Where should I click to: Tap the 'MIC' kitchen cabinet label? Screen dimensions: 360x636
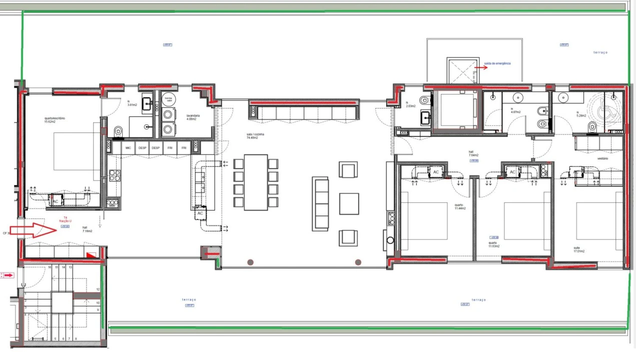point(129,148)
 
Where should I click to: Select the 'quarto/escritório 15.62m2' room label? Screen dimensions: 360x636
point(55,120)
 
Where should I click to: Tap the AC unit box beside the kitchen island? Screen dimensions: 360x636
point(200,213)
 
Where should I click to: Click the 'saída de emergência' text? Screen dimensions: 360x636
point(497,63)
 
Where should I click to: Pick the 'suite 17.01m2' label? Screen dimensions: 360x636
point(579,249)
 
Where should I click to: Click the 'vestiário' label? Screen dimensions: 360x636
point(602,158)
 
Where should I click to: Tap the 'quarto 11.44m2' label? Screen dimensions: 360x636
point(459,206)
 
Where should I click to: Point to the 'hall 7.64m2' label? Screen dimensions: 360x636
point(473,153)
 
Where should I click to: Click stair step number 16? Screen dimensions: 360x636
point(50,267)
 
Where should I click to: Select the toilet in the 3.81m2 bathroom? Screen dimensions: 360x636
point(118,131)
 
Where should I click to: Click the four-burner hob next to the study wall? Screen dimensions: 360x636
point(115,175)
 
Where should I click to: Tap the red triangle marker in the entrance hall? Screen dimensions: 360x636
point(91,255)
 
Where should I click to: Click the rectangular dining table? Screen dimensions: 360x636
point(256,182)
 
